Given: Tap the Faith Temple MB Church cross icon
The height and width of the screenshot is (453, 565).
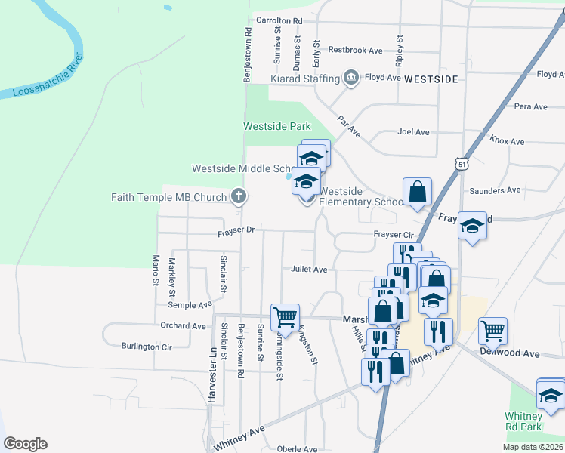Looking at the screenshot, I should (x=239, y=198).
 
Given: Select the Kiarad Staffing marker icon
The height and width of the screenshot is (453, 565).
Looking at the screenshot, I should (x=350, y=78).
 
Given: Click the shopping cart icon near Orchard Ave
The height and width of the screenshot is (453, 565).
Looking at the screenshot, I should (x=285, y=316).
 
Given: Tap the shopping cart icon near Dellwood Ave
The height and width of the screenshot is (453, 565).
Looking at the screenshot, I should (x=492, y=329).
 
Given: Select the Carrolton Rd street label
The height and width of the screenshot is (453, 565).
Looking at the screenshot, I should (x=279, y=20).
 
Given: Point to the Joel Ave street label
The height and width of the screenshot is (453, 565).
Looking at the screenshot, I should (x=413, y=132).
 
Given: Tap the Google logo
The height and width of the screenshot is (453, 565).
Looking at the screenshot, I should (x=25, y=444).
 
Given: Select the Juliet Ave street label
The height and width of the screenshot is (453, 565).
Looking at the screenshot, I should (x=309, y=270).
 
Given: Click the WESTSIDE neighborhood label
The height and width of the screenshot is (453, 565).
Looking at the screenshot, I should (x=431, y=79).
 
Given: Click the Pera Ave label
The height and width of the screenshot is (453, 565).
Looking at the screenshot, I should (x=530, y=107).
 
